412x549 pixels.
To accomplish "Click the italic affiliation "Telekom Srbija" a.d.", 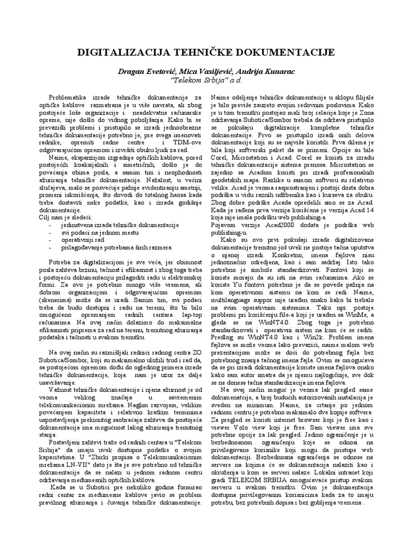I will [x=206, y=80].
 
